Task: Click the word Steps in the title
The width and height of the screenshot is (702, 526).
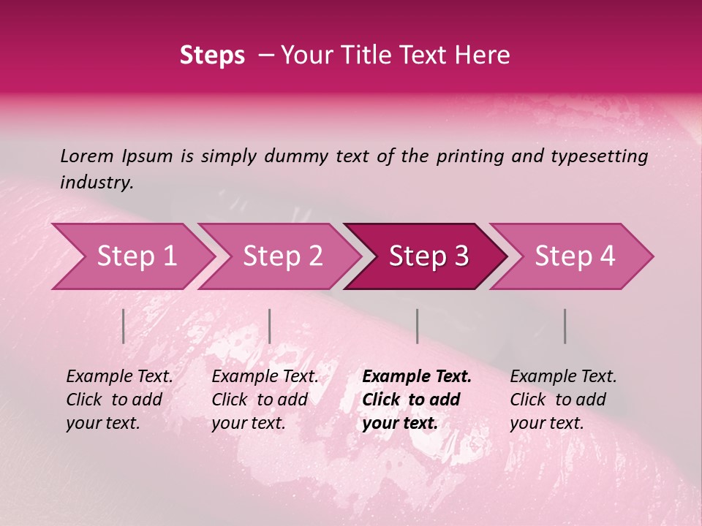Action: pos(212,56)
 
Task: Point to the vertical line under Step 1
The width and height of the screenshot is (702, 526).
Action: pos(124,326)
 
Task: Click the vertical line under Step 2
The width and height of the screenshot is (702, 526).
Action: pos(270,326)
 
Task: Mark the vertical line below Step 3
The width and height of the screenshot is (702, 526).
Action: pos(417,326)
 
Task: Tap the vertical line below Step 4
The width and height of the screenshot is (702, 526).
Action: pos(565,326)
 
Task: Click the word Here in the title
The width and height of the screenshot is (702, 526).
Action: pos(486,56)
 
